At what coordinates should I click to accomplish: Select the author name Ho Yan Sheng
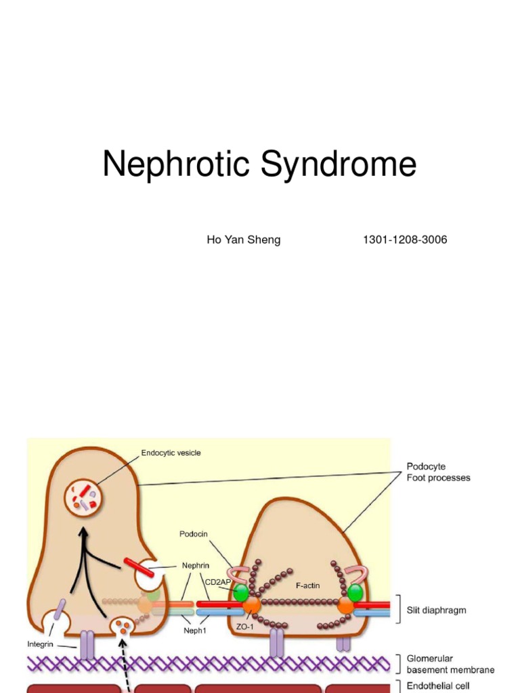click(243, 240)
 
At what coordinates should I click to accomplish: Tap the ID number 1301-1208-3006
click(405, 240)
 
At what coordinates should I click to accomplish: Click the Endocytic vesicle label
click(171, 453)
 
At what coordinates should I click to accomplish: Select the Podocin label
click(194, 534)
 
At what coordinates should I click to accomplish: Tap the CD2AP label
click(218, 581)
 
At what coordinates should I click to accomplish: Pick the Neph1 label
click(194, 629)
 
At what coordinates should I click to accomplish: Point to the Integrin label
click(40, 644)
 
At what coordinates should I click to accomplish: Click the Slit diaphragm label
click(436, 610)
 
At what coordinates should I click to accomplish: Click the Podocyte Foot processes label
click(438, 472)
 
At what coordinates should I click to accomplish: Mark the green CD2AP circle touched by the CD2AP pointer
click(241, 594)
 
